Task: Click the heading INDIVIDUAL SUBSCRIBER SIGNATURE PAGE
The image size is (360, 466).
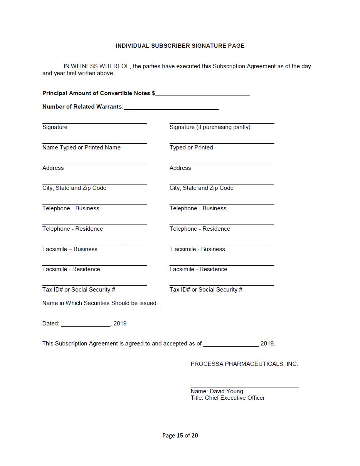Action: coord(180,46)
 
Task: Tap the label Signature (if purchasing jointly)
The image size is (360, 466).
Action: coord(210,127)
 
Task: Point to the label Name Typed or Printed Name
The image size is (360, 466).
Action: coord(81,148)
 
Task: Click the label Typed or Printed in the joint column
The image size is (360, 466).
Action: coord(191,148)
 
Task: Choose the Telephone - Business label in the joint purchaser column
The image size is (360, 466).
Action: coord(198,208)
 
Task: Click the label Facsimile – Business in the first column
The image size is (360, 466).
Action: coord(70,249)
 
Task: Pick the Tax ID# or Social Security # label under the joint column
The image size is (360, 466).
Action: coord(206,290)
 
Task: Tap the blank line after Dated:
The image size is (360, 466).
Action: coord(86,325)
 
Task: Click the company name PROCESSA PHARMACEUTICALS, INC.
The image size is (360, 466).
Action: coord(244,364)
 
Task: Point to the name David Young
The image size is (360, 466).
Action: coord(226,391)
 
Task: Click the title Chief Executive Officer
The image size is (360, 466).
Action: coord(235,398)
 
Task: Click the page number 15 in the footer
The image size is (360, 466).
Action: coord(180,436)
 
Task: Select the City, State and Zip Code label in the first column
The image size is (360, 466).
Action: coord(74,188)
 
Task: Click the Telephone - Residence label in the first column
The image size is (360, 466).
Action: coord(72,229)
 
